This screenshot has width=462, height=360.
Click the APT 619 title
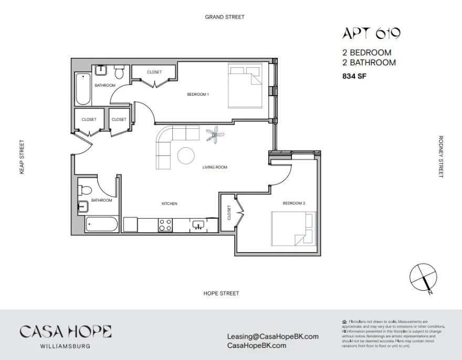pyautogui.click(x=371, y=34)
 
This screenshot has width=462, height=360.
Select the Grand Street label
pyautogui.click(x=225, y=17)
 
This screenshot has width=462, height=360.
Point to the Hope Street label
pyautogui.click(x=221, y=293)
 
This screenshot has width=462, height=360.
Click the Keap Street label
pyautogui.click(x=22, y=157)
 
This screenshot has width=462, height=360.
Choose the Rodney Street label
pyautogui.click(x=441, y=157)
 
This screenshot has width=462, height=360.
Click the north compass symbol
pyautogui.click(x=424, y=277)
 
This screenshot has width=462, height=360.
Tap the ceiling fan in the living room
pyautogui.click(x=215, y=136)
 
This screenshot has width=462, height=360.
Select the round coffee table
pyautogui.click(x=186, y=156)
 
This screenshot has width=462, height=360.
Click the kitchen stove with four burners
pyautogui.click(x=166, y=224)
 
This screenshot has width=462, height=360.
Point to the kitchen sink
pyautogui.click(x=198, y=225)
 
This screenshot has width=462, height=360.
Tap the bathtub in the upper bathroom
pyautogui.click(x=83, y=89)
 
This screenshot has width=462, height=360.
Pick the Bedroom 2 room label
pyautogui.click(x=293, y=203)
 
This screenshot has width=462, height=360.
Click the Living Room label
pyautogui.click(x=215, y=167)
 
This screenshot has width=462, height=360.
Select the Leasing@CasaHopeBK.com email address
pyautogui.click(x=272, y=336)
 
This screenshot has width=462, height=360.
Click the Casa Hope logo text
pyautogui.click(x=65, y=332)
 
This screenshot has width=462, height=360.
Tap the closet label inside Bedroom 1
pyautogui.click(x=154, y=72)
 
